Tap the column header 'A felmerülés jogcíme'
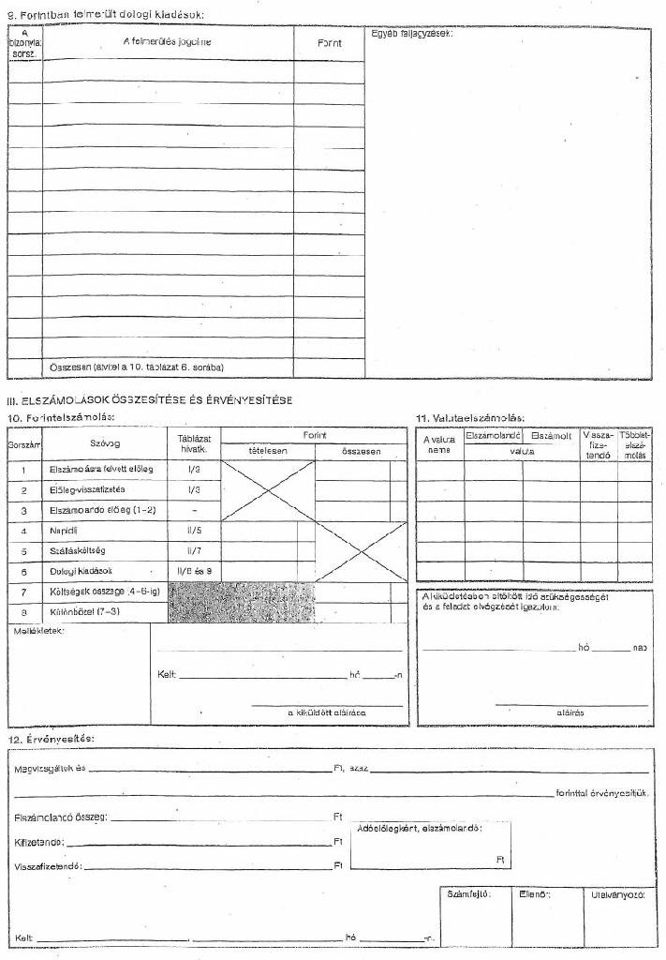tap(167, 42)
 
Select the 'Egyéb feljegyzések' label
tap(411, 34)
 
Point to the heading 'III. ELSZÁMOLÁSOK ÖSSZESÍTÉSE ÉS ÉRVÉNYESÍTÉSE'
tap(150, 400)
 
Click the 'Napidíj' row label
tap(64, 531)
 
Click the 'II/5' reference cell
tap(194, 531)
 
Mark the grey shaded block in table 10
tap(241, 602)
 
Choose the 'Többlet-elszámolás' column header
tap(634, 445)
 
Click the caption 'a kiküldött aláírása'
tap(327, 713)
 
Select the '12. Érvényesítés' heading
tap(50, 740)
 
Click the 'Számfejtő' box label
tap(468, 893)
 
